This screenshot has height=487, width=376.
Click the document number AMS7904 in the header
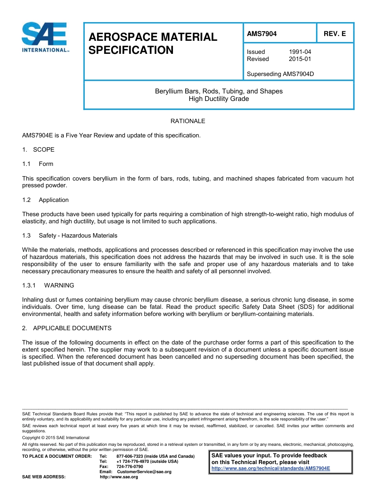click(x=262, y=34)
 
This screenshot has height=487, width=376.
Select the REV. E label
click(x=334, y=34)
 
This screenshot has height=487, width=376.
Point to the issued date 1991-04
click(x=300, y=52)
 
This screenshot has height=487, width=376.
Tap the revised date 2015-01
click(x=300, y=59)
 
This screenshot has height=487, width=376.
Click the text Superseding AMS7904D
click(x=280, y=74)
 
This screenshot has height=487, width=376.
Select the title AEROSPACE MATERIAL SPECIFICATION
click(x=153, y=44)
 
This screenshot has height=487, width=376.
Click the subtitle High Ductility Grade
click(x=218, y=99)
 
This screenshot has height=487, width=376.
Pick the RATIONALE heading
click(x=188, y=121)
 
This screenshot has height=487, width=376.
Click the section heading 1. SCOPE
click(x=38, y=150)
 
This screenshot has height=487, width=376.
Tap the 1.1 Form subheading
click(x=46, y=164)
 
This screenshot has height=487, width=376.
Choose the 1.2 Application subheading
click(x=53, y=200)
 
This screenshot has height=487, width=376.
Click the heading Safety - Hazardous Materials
click(x=78, y=236)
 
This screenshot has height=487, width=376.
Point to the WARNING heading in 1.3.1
click(x=59, y=285)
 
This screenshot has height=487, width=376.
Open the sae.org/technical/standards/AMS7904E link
click(x=271, y=468)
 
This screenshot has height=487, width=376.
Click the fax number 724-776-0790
click(x=130, y=466)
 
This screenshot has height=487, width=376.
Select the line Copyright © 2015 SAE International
click(x=56, y=438)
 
